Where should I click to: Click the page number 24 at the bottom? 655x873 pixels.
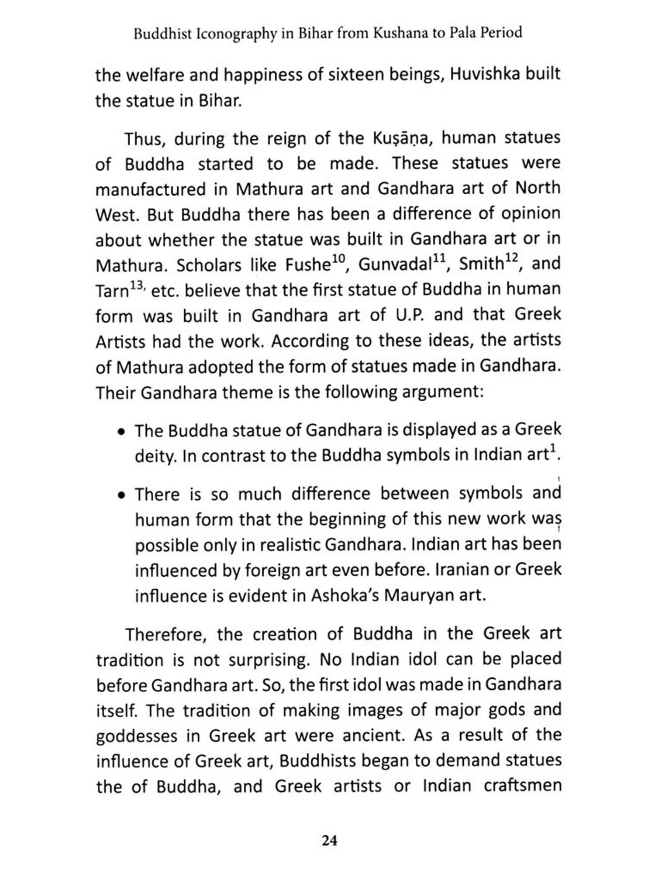click(329, 841)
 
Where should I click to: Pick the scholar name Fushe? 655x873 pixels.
click(307, 265)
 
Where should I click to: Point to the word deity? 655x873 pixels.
click(155, 457)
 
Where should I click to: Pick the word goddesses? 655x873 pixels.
click(137, 737)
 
